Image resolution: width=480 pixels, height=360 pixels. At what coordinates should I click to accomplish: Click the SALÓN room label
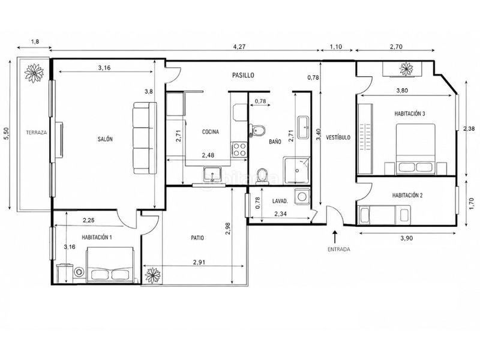[105, 139]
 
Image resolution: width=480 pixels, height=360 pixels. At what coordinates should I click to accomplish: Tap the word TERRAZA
[37, 133]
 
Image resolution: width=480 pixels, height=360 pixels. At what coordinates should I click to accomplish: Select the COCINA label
[211, 132]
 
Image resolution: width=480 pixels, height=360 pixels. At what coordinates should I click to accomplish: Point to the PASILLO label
[243, 75]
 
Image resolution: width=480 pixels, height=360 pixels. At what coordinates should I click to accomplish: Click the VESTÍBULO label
[338, 137]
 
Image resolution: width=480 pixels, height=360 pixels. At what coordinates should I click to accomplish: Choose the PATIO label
[197, 238]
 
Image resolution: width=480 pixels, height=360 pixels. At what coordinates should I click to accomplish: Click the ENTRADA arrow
[335, 237]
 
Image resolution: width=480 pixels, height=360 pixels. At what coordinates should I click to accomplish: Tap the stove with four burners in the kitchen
[239, 149]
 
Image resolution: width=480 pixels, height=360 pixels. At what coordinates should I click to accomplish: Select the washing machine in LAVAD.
[302, 197]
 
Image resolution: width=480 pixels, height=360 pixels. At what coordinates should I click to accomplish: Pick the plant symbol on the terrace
[34, 73]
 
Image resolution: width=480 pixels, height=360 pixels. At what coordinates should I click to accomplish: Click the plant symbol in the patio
[152, 275]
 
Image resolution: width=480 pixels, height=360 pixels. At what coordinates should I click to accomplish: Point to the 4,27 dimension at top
[239, 47]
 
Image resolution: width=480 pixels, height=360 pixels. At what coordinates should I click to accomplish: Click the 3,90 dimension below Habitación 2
[407, 238]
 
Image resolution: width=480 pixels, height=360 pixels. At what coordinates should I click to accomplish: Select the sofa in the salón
[145, 138]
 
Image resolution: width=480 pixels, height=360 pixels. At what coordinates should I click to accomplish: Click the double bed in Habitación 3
[416, 149]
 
